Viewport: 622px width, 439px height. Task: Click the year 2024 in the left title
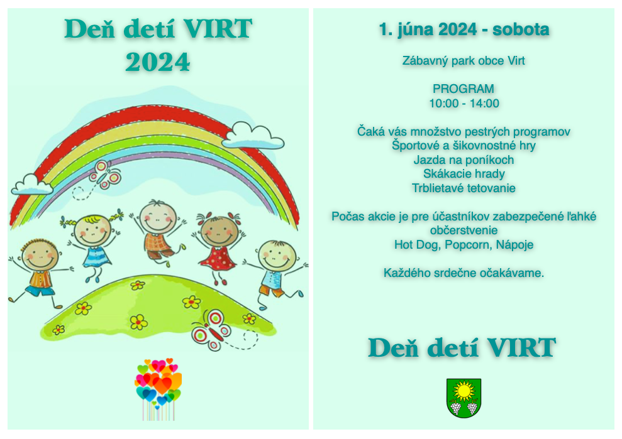coord(158,62)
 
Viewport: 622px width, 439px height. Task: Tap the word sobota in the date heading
coord(521,30)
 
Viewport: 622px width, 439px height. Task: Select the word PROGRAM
coord(464,89)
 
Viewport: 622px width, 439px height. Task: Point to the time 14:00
coord(484,104)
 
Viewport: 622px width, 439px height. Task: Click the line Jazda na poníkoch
coord(464,160)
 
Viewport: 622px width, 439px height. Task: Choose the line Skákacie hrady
coord(464,174)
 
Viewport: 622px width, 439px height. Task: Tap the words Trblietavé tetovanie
coord(464,188)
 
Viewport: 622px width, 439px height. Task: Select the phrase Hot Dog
coord(417,245)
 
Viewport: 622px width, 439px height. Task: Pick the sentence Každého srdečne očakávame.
coord(464,273)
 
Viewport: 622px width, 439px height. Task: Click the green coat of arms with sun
coord(464,398)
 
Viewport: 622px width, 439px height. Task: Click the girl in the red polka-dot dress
coord(218,246)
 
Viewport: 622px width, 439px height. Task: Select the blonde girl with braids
coord(92,244)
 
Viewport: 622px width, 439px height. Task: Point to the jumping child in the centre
coord(158,232)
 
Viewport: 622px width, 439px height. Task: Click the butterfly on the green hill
coord(211,330)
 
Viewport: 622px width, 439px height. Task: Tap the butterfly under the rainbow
coord(105,175)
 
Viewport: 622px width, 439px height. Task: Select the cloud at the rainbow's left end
coord(31,185)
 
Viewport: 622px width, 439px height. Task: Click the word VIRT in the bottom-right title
coord(521,348)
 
